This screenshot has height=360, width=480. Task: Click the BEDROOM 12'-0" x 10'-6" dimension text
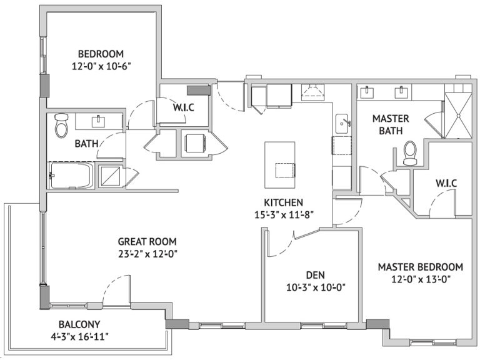101,66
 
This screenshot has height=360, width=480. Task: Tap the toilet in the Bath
61,125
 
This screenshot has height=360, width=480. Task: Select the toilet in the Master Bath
410,153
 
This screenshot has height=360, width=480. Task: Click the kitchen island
280,165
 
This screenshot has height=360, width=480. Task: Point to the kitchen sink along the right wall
342,124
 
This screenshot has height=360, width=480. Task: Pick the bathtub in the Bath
71,176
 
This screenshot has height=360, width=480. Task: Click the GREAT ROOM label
147,241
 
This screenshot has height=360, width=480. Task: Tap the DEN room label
316,275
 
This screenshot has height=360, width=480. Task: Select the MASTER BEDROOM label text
420,267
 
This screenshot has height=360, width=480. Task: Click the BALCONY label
79,324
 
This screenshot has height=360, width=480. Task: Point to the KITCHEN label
284,202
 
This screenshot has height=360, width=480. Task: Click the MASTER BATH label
391,124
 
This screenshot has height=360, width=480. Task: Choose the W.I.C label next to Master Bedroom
446,183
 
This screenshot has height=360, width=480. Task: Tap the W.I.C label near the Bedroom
183,107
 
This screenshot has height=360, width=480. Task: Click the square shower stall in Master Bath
458,116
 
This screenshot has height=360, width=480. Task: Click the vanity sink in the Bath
98,121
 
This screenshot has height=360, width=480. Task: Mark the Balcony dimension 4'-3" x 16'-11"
80,337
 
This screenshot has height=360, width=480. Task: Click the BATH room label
87,143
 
